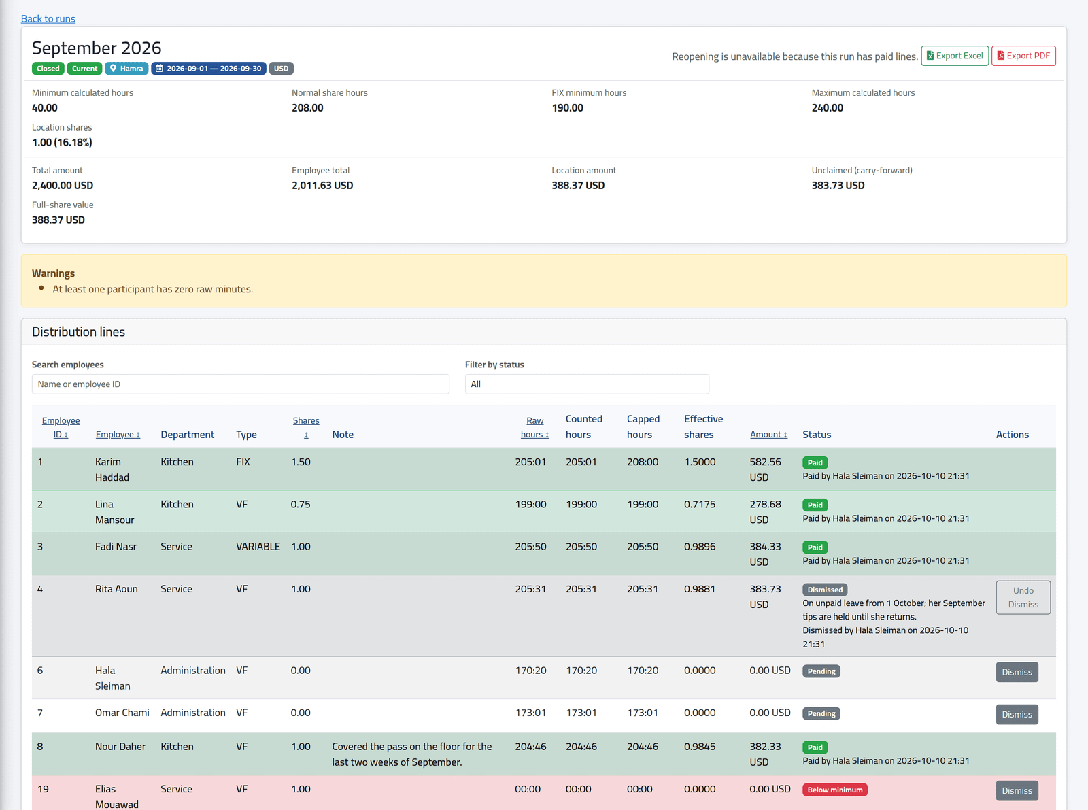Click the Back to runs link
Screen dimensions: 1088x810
click(x=48, y=18)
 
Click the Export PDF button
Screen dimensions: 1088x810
click(x=1023, y=56)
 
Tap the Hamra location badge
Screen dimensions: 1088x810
click(x=126, y=69)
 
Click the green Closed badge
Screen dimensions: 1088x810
click(x=48, y=69)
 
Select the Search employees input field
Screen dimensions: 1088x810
click(x=240, y=384)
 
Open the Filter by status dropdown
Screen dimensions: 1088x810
click(x=587, y=384)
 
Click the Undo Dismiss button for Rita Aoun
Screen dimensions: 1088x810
click(x=1023, y=598)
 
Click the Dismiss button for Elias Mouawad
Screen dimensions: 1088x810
click(x=1017, y=790)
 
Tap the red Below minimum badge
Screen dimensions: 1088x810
click(x=835, y=790)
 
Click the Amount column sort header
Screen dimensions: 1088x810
click(x=768, y=434)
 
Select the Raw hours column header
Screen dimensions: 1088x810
click(x=534, y=427)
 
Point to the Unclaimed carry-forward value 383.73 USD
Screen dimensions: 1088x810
click(x=838, y=186)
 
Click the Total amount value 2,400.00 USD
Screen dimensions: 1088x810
click(x=63, y=186)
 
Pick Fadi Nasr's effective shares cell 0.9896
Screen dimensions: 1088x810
click(x=700, y=547)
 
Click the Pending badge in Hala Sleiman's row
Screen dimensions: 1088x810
click(x=821, y=671)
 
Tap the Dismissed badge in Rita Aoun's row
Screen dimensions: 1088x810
click(x=825, y=590)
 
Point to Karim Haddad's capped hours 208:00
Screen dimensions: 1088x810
click(x=642, y=462)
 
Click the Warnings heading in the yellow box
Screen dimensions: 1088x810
click(x=54, y=273)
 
